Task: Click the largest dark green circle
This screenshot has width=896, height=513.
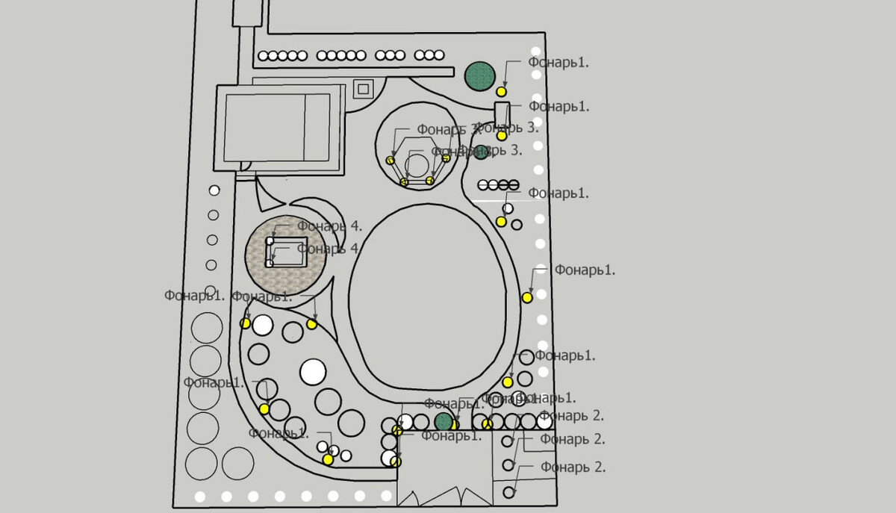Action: (x=480, y=76)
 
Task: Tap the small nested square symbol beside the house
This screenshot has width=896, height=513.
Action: (x=363, y=89)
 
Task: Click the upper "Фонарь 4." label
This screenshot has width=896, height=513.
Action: (x=329, y=225)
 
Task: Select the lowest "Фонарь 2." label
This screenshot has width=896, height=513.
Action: (x=573, y=467)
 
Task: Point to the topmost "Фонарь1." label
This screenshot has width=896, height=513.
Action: (x=559, y=63)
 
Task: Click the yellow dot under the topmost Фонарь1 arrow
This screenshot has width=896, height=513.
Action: (x=502, y=91)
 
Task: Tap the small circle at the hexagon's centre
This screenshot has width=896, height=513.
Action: (x=417, y=163)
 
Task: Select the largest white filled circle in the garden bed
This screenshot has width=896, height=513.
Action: (x=313, y=371)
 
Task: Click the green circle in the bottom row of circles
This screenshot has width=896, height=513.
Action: (x=444, y=422)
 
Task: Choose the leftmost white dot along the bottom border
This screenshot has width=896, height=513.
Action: (x=199, y=496)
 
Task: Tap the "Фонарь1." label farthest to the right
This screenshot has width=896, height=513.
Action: (x=585, y=270)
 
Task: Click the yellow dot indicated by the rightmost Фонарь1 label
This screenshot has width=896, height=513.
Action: (x=527, y=297)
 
